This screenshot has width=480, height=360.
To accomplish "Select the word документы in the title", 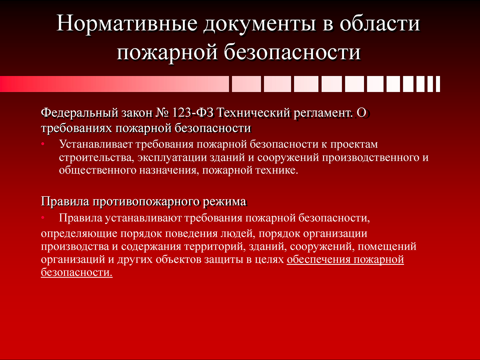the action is [x=259, y=24].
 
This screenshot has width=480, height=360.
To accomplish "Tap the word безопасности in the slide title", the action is [x=292, y=52].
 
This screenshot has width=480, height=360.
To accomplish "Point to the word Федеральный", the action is [x=80, y=113].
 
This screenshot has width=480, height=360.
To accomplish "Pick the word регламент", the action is [x=323, y=113].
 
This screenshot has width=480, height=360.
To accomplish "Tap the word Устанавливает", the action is [x=96, y=144].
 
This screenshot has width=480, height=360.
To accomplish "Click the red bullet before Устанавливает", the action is [x=43, y=144].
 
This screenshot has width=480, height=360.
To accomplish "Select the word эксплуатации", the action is [x=172, y=158].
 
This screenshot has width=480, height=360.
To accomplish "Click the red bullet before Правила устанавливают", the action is [x=43, y=218].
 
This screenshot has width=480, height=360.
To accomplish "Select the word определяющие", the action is [x=79, y=234].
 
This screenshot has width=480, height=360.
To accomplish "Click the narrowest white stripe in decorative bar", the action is [x=438, y=84].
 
